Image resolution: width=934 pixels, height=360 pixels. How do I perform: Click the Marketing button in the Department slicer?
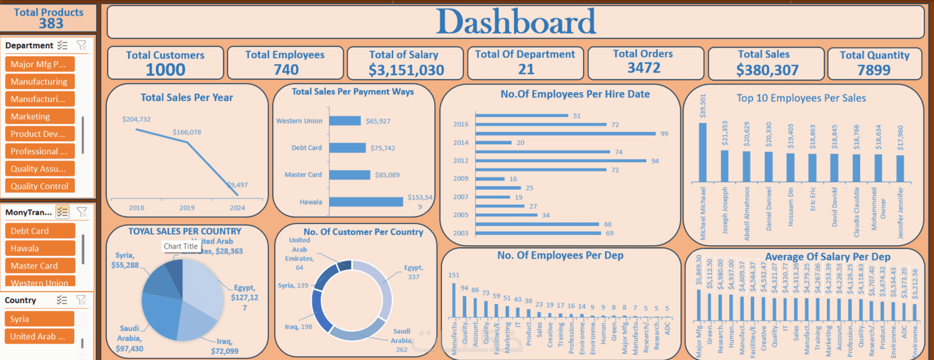click(39, 117)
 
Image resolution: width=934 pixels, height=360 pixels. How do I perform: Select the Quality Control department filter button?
click(39, 186)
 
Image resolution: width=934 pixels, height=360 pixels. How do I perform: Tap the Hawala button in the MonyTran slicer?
click(39, 248)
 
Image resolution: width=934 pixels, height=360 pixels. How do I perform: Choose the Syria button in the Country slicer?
click(39, 319)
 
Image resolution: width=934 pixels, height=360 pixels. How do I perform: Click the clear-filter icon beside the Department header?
click(82, 45)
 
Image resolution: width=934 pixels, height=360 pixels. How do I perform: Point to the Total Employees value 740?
click(286, 70)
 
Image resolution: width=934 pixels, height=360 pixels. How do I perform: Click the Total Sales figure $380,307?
click(767, 70)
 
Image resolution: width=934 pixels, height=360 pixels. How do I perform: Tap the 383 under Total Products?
click(51, 23)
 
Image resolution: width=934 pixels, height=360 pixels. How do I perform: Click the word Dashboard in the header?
click(516, 22)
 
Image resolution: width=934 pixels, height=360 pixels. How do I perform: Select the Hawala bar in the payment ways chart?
click(366, 202)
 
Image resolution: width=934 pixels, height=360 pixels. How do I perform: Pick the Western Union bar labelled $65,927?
click(345, 121)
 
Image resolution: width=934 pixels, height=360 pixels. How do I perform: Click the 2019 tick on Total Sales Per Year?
click(187, 208)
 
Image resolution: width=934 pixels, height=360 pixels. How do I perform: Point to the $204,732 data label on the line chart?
click(137, 119)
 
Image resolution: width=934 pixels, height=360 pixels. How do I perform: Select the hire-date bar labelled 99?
click(565, 133)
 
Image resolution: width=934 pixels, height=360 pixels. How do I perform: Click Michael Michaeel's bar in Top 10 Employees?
click(702, 152)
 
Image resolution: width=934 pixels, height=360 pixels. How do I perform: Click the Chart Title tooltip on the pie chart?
click(180, 246)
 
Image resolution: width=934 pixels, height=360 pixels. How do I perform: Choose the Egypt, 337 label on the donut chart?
click(413, 272)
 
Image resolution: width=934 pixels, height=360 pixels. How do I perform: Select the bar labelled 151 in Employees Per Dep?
click(454, 300)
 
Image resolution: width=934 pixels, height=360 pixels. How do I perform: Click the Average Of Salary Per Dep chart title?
click(827, 257)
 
